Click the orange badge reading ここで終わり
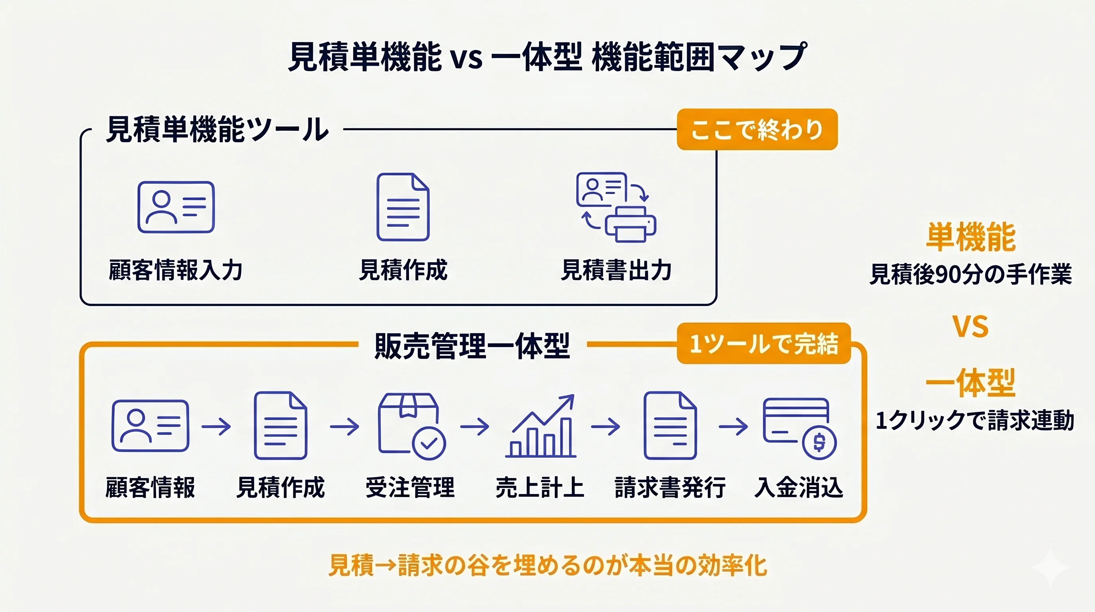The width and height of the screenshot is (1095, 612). pos(757,129)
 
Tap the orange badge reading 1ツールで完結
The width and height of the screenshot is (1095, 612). pos(764,343)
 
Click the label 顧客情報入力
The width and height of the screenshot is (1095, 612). pos(175,270)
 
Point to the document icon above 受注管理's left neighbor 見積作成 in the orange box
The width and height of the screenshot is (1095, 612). pos(281,426)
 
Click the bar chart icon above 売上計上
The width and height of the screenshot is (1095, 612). pos(541,426)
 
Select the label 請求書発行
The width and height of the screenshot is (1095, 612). pos(670,487)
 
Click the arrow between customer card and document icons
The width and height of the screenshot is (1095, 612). pos(216,426)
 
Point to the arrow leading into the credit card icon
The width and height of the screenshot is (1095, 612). pos(733,426)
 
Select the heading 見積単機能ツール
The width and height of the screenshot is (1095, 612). pos(217,129)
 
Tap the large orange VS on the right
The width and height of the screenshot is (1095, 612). pos(970,327)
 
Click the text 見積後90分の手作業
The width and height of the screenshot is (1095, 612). pos(970,275)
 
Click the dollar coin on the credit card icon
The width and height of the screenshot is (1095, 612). pos(819,443)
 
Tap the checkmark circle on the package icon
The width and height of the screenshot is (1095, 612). pos(429,443)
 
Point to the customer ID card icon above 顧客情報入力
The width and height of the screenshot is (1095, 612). pos(176,207)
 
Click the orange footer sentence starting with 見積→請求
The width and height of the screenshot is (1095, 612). pos(547,566)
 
